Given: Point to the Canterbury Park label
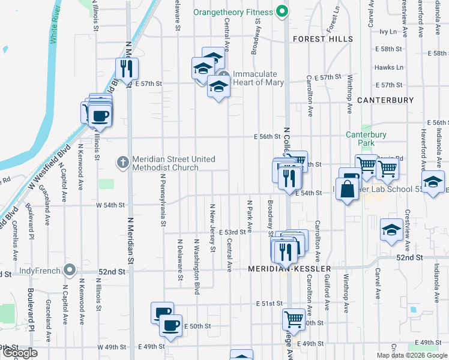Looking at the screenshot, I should [x=366, y=139].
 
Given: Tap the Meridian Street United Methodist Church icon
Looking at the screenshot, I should [x=122, y=162].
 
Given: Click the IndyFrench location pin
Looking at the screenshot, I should [x=71, y=270].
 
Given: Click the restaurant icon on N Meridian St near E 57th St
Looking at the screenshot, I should [x=127, y=69].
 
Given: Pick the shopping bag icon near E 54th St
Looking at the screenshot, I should [x=348, y=190].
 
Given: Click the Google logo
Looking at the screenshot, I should [x=20, y=353].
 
